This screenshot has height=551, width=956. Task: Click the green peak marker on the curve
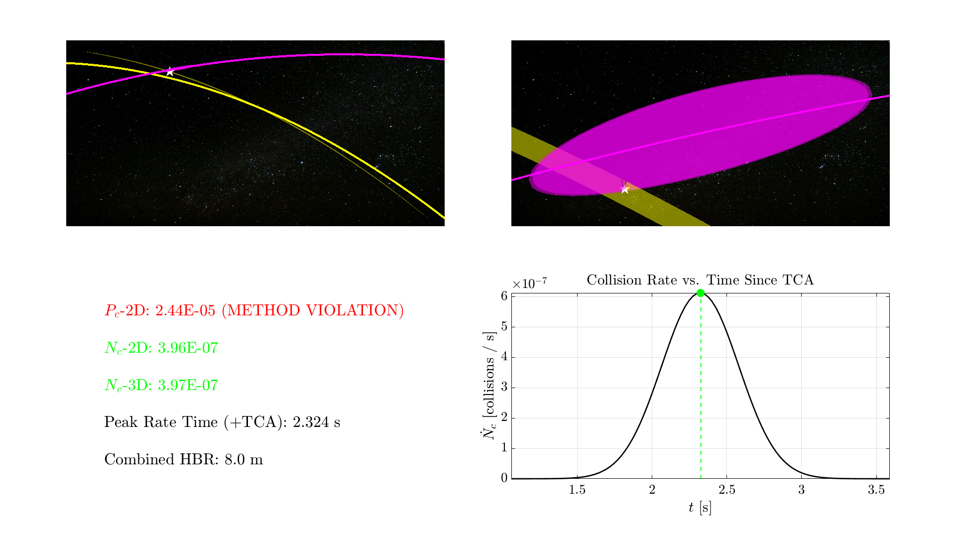tap(701, 293)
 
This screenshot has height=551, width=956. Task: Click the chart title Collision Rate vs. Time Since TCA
tap(700, 280)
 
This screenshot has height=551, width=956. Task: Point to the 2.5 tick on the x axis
tap(726, 490)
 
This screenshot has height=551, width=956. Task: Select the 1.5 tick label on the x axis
tap(577, 490)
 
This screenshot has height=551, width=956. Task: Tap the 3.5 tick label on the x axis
tap(876, 490)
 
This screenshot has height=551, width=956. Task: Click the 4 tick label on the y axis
tap(504, 357)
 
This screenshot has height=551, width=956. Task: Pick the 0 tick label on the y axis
tap(504, 478)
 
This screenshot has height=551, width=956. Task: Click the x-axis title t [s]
tap(700, 508)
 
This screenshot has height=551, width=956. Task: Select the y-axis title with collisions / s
tap(490, 386)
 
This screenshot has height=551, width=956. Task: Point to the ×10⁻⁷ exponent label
tap(530, 283)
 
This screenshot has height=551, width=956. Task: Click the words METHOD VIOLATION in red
tap(313, 311)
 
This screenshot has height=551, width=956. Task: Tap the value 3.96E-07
tap(188, 348)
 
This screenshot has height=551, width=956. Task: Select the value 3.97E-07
tap(188, 386)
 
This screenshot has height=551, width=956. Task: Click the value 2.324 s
tap(317, 422)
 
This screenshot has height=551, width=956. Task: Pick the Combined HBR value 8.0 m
tap(243, 459)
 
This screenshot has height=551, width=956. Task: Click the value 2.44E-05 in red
tap(185, 311)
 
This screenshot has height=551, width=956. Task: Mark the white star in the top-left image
tap(170, 72)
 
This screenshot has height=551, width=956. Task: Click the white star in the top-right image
tap(625, 189)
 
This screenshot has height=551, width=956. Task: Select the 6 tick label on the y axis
tap(504, 296)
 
